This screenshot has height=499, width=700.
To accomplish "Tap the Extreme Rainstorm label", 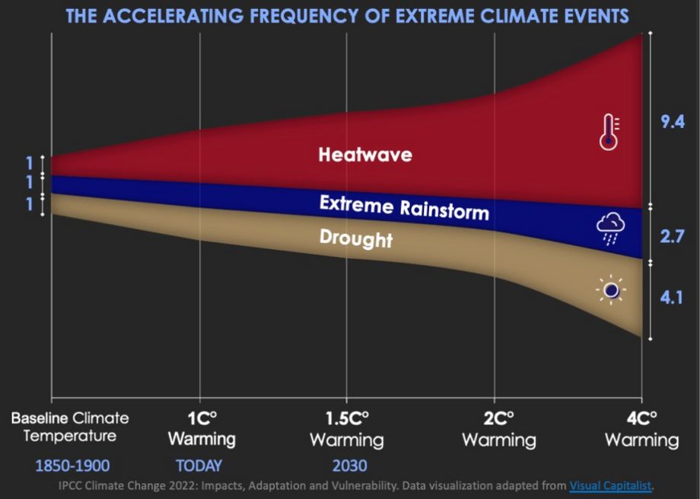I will (403, 206).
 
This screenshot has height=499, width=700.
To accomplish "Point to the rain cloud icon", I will (611, 228).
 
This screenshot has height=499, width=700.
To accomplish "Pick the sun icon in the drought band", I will (610, 289).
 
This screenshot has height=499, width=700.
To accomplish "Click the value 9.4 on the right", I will (673, 123).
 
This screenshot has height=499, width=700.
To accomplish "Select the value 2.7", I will (673, 236).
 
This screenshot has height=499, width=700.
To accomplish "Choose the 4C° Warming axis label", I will (641, 429).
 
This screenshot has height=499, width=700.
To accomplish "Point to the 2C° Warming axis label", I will (495, 429).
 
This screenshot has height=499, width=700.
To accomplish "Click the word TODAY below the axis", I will (199, 465).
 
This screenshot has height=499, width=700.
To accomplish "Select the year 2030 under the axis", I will (348, 465).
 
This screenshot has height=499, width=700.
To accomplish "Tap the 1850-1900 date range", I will (72, 465).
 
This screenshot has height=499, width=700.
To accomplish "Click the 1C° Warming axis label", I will (201, 429).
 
